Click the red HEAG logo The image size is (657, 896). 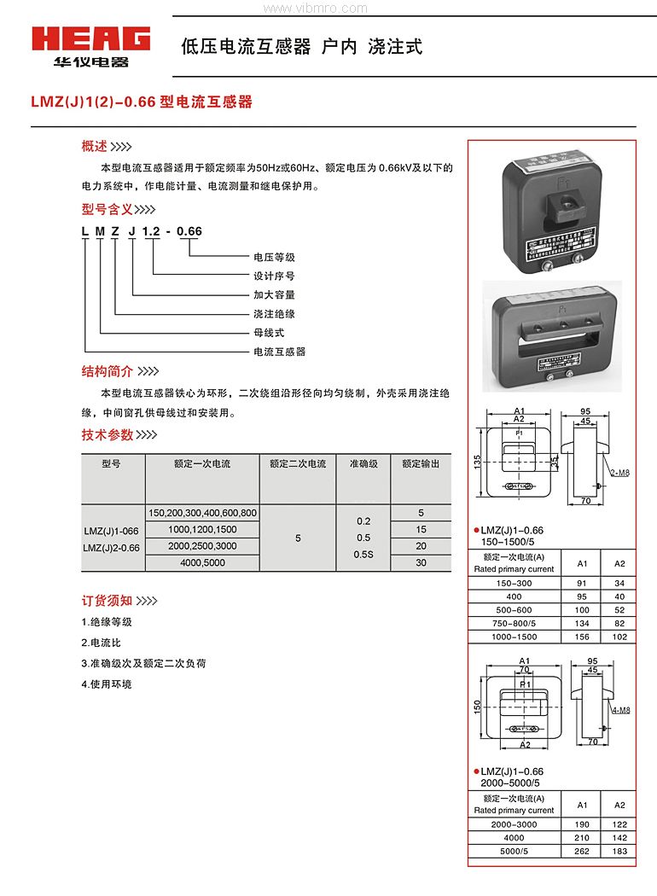pos(90,39)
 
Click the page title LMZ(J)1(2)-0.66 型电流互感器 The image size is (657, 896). pos(142,102)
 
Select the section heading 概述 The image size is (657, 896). pos(95,146)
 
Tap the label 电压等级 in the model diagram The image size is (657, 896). pos(274,257)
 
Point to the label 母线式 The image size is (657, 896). pos(269,333)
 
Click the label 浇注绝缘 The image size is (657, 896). pos(274,314)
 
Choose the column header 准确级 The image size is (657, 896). pos(363,464)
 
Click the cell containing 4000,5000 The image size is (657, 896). pos(202,563)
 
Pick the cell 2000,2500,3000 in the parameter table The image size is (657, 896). pos(202,546)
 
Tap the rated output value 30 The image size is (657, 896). pos(421,563)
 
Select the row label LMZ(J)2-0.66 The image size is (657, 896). pos(112,547)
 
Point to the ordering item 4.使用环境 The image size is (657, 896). pos(107,684)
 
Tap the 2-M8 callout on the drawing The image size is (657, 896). pos(620,472)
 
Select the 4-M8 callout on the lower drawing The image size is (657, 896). pos(621,710)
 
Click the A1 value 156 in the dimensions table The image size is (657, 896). pos(583,637)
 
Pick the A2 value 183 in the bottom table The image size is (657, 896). pos(620,852)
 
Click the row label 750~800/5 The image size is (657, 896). pos(514,624)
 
